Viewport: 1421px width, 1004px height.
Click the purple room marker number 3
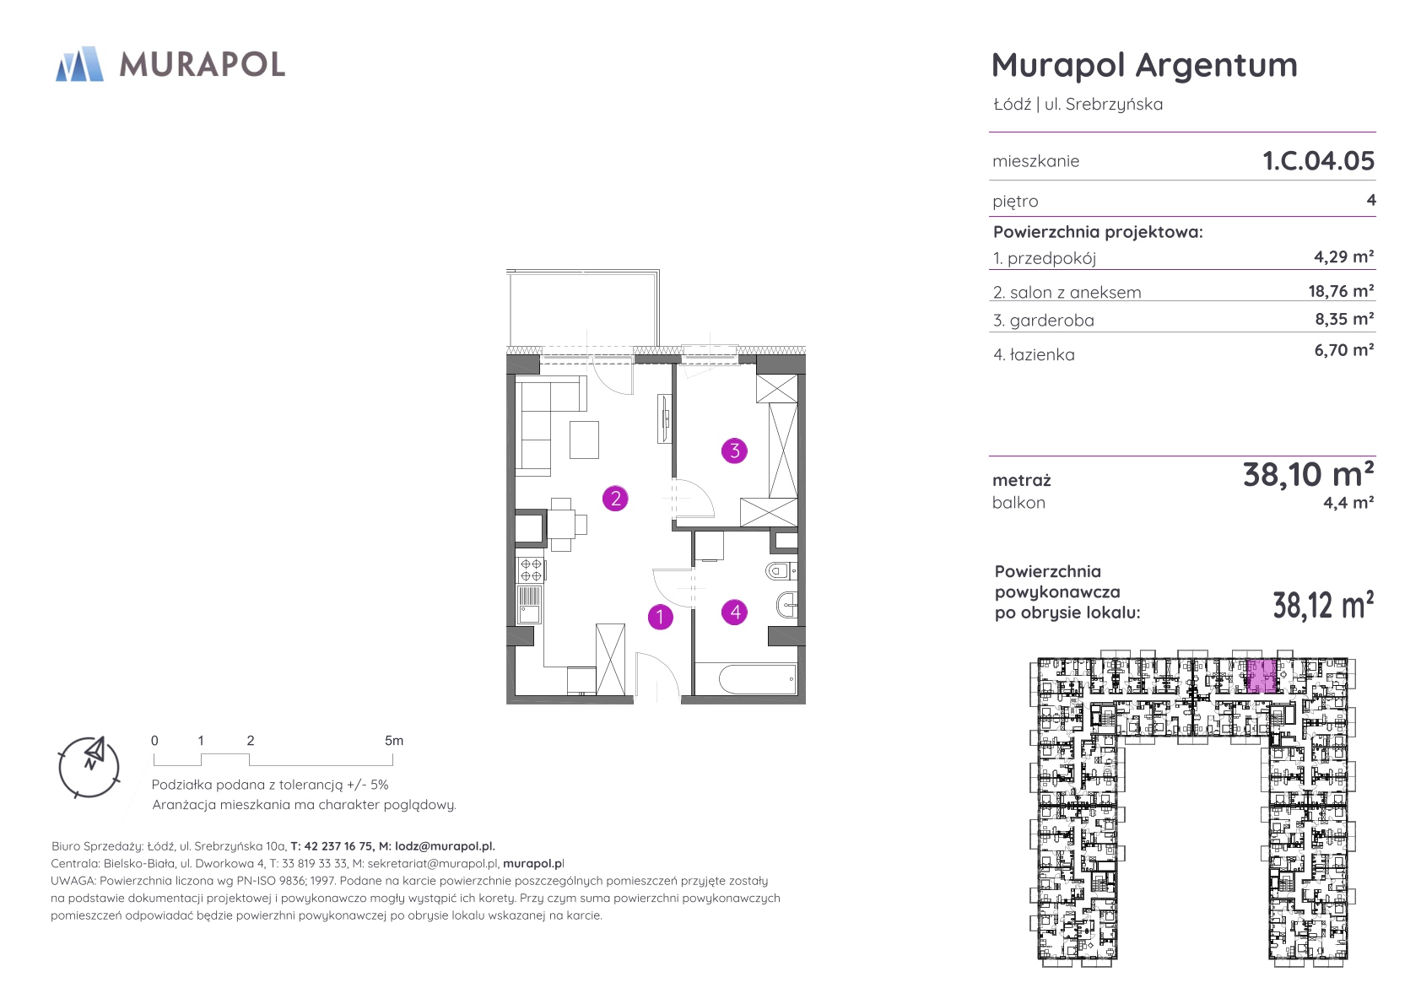(735, 451)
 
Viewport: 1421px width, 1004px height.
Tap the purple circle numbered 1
(660, 617)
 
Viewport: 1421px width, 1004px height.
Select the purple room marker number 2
(615, 499)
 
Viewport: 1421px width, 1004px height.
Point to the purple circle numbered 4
(735, 612)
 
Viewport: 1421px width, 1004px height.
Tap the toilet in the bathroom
(781, 571)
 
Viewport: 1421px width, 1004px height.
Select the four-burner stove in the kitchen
(530, 569)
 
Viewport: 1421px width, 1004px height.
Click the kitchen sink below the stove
(530, 604)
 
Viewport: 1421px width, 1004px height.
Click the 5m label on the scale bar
(393, 741)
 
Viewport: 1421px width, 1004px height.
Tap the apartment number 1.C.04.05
(1318, 160)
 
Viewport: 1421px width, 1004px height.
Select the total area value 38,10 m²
(1308, 474)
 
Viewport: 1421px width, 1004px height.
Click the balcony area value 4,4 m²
(1348, 503)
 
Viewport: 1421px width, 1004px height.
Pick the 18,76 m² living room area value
(1341, 291)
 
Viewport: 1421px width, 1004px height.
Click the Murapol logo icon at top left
(79, 64)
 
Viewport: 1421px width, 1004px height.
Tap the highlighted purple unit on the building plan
(1262, 677)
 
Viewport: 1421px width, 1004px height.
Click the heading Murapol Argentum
(1144, 66)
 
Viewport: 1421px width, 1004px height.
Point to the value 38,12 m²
(1323, 604)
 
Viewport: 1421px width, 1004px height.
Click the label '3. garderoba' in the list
(1044, 321)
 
